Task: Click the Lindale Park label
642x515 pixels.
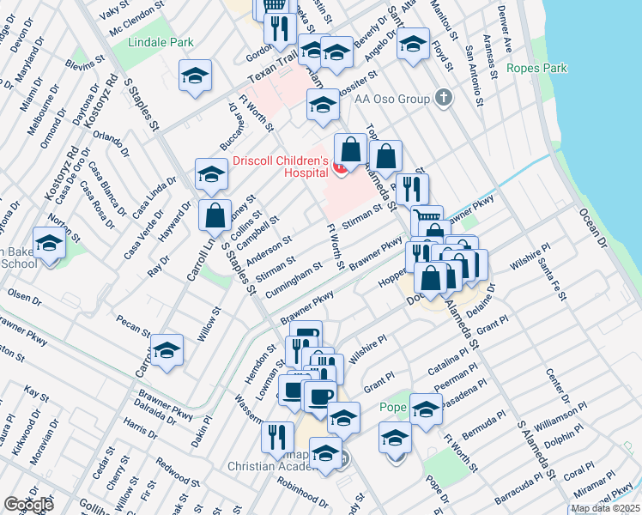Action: tap(160, 42)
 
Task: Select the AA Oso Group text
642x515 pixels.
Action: tap(391, 99)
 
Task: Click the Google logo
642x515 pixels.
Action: tap(28, 505)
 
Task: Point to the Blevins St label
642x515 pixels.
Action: tap(82, 67)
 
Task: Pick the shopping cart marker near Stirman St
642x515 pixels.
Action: tap(426, 220)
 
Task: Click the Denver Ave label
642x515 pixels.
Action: tap(506, 30)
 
